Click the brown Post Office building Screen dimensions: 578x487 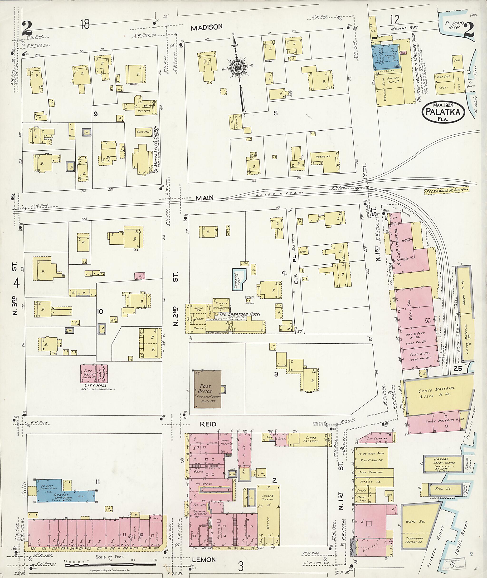(x=207, y=389)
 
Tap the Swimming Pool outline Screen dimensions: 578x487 (x=238, y=279)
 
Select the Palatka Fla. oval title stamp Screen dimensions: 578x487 (x=443, y=112)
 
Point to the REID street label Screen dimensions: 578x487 (x=208, y=424)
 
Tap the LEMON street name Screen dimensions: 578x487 (x=204, y=560)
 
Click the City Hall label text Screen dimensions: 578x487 (x=95, y=385)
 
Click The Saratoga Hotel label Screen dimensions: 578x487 (x=240, y=314)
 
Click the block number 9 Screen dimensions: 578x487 (x=96, y=114)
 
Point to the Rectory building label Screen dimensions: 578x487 (x=144, y=110)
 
